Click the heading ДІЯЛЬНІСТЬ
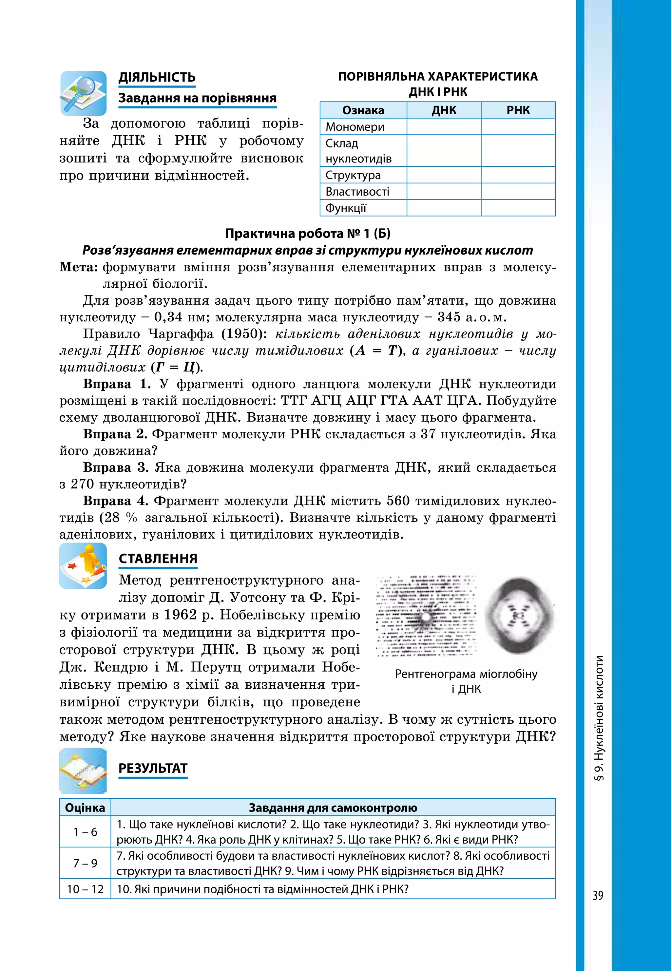[157, 77]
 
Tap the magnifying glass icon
[83, 93]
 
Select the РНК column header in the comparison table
[518, 110]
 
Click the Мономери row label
[355, 126]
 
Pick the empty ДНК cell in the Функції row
[444, 208]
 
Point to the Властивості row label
[357, 192]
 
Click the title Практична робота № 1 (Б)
[307, 233]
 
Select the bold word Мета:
[79, 267]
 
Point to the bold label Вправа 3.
[116, 467]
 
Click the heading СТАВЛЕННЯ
[158, 559]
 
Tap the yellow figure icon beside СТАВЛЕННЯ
[83, 565]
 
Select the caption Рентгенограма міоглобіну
[466, 674]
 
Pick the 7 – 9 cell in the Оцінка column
[85, 863]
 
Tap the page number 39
[597, 895]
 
